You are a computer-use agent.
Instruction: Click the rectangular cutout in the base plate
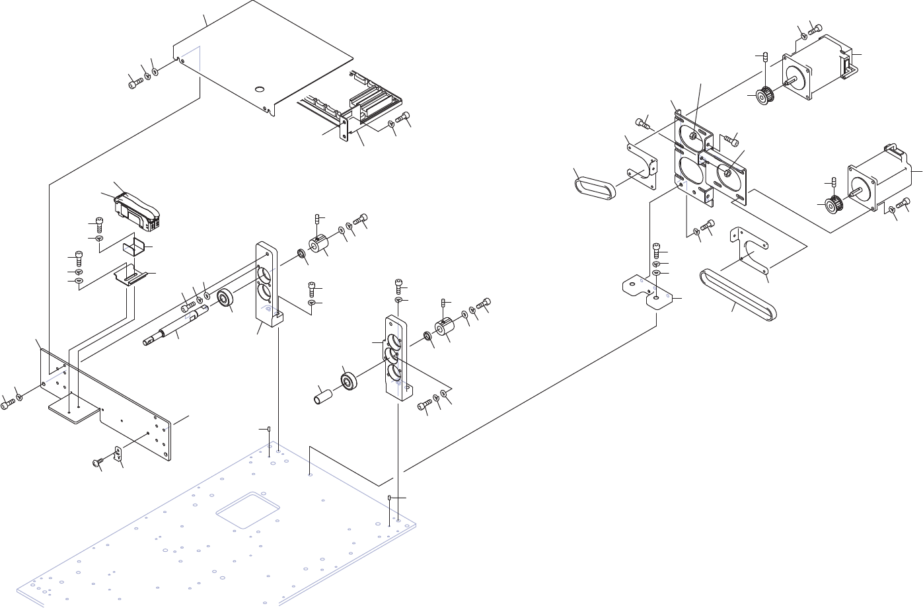point(248,509)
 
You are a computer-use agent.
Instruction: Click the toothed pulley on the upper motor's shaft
point(766,96)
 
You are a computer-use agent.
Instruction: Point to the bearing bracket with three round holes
point(396,360)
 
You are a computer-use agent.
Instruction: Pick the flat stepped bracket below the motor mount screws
point(649,291)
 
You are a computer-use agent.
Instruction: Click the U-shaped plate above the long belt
point(750,251)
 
